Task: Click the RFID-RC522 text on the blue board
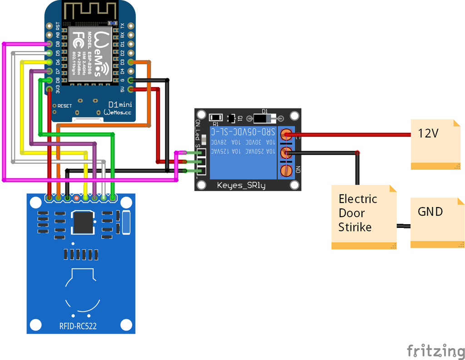tap(78, 325)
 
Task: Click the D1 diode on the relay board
tap(264, 118)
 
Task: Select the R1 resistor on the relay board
tap(216, 118)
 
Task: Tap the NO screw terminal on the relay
tap(286, 170)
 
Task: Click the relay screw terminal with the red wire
tap(286, 134)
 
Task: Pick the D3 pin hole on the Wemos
tap(131, 62)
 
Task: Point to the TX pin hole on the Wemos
tap(131, 26)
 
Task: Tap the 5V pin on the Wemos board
tap(131, 89)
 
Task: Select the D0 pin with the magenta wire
tap(49, 44)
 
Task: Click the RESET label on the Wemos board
tap(64, 106)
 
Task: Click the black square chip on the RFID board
tap(83, 222)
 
